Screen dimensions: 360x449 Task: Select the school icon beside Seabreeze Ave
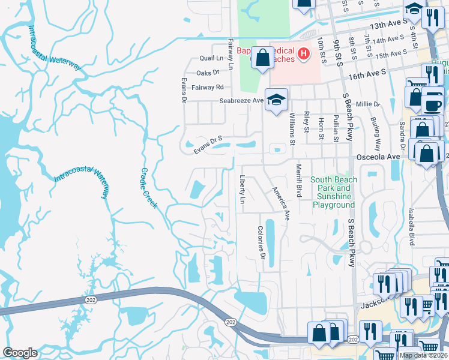pyautogui.click(x=276, y=99)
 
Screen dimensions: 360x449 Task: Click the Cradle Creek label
pyautogui.click(x=149, y=188)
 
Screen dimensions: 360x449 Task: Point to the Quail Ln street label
pyautogui.click(x=211, y=59)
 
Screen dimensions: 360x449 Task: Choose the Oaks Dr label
pyautogui.click(x=208, y=73)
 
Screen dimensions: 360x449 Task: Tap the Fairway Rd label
pyautogui.click(x=208, y=87)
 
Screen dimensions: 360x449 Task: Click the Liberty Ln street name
pyautogui.click(x=243, y=189)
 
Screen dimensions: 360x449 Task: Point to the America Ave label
pyautogui.click(x=281, y=203)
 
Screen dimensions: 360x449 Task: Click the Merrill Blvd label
pyautogui.click(x=298, y=179)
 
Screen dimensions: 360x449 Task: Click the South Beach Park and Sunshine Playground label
pyautogui.click(x=334, y=192)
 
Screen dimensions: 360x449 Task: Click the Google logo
pyautogui.click(x=20, y=353)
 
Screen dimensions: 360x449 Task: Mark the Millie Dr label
pyautogui.click(x=368, y=104)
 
